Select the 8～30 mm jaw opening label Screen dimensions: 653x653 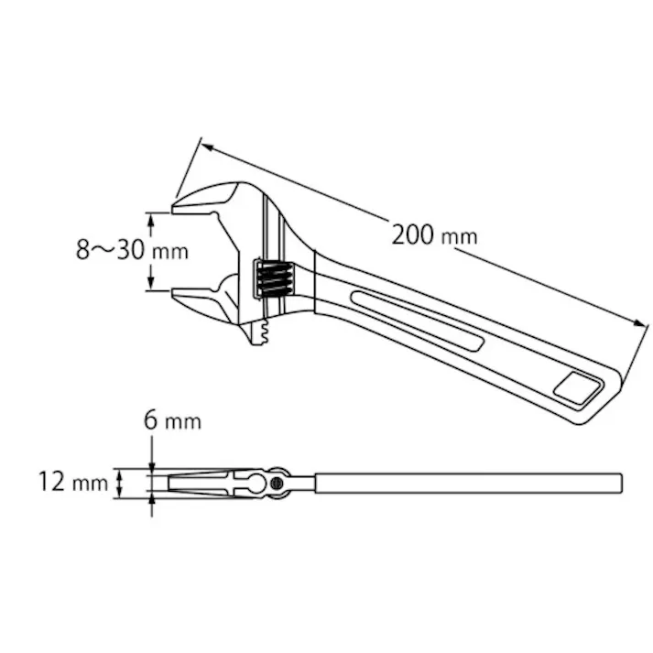coord(131,250)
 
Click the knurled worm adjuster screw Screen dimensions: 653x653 coord(273,278)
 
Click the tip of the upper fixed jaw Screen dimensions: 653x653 coord(177,209)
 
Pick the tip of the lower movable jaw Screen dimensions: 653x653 coord(176,294)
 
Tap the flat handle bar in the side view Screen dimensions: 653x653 coord(467,482)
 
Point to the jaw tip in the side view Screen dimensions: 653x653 coord(171,482)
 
